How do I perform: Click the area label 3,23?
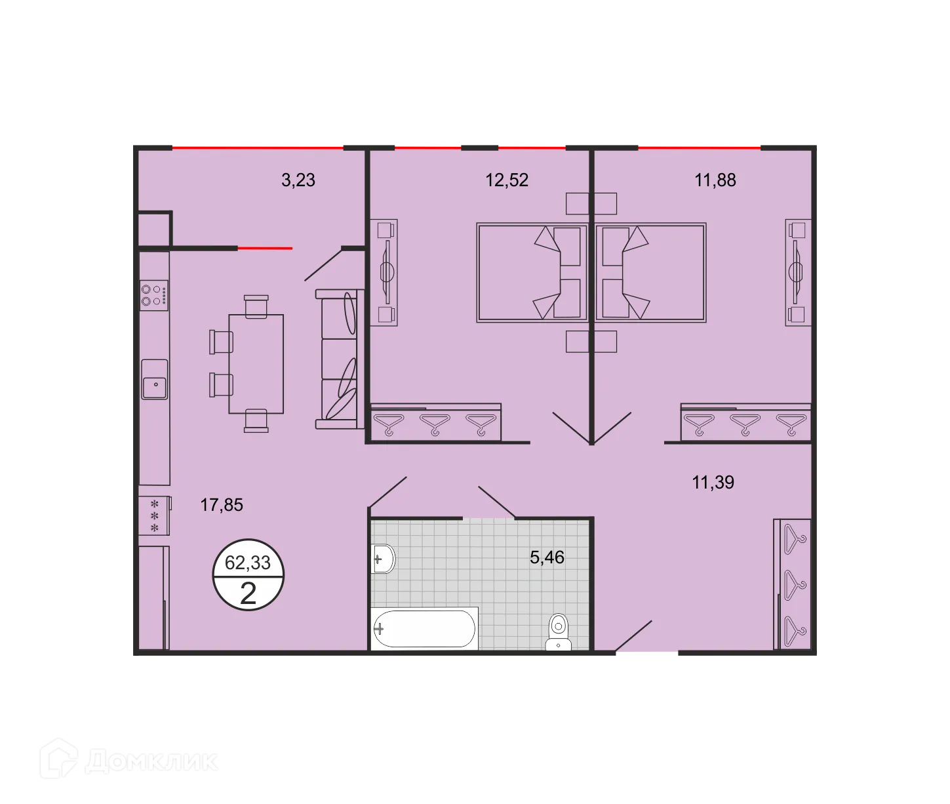click(x=298, y=180)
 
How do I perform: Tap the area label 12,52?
click(x=507, y=180)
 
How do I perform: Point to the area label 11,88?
click(x=715, y=180)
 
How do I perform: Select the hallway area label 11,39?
click(x=713, y=483)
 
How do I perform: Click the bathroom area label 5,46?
click(x=547, y=557)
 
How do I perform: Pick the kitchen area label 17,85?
click(x=222, y=505)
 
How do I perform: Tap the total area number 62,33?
click(x=248, y=563)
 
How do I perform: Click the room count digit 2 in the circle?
click(x=248, y=593)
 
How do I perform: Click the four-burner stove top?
click(x=154, y=294)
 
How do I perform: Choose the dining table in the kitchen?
click(x=256, y=364)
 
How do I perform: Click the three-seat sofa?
click(x=339, y=359)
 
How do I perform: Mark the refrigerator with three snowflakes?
click(x=155, y=515)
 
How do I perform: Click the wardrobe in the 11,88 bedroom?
click(x=746, y=424)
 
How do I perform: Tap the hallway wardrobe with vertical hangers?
click(x=793, y=584)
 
